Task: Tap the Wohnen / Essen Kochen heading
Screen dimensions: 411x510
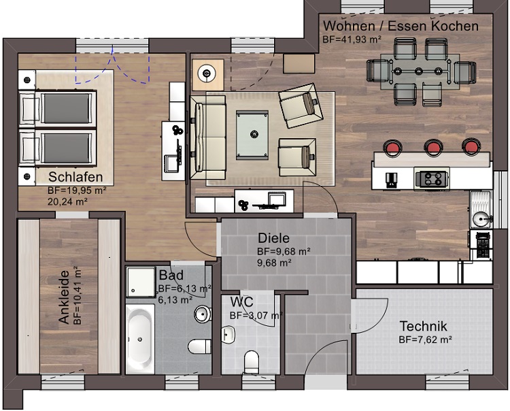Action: tap(400, 26)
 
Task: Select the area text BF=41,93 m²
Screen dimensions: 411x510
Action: tap(351, 40)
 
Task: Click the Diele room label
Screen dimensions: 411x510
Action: tap(273, 239)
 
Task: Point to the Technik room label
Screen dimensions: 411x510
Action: tap(424, 325)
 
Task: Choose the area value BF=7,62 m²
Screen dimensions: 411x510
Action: tap(425, 339)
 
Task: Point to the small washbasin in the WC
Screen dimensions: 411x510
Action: tap(228, 334)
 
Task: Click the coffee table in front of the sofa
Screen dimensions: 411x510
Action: tap(255, 134)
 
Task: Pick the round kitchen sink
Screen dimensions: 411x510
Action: tap(481, 218)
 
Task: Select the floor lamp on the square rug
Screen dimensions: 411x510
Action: tap(206, 71)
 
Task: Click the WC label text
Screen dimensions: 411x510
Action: tap(242, 301)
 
